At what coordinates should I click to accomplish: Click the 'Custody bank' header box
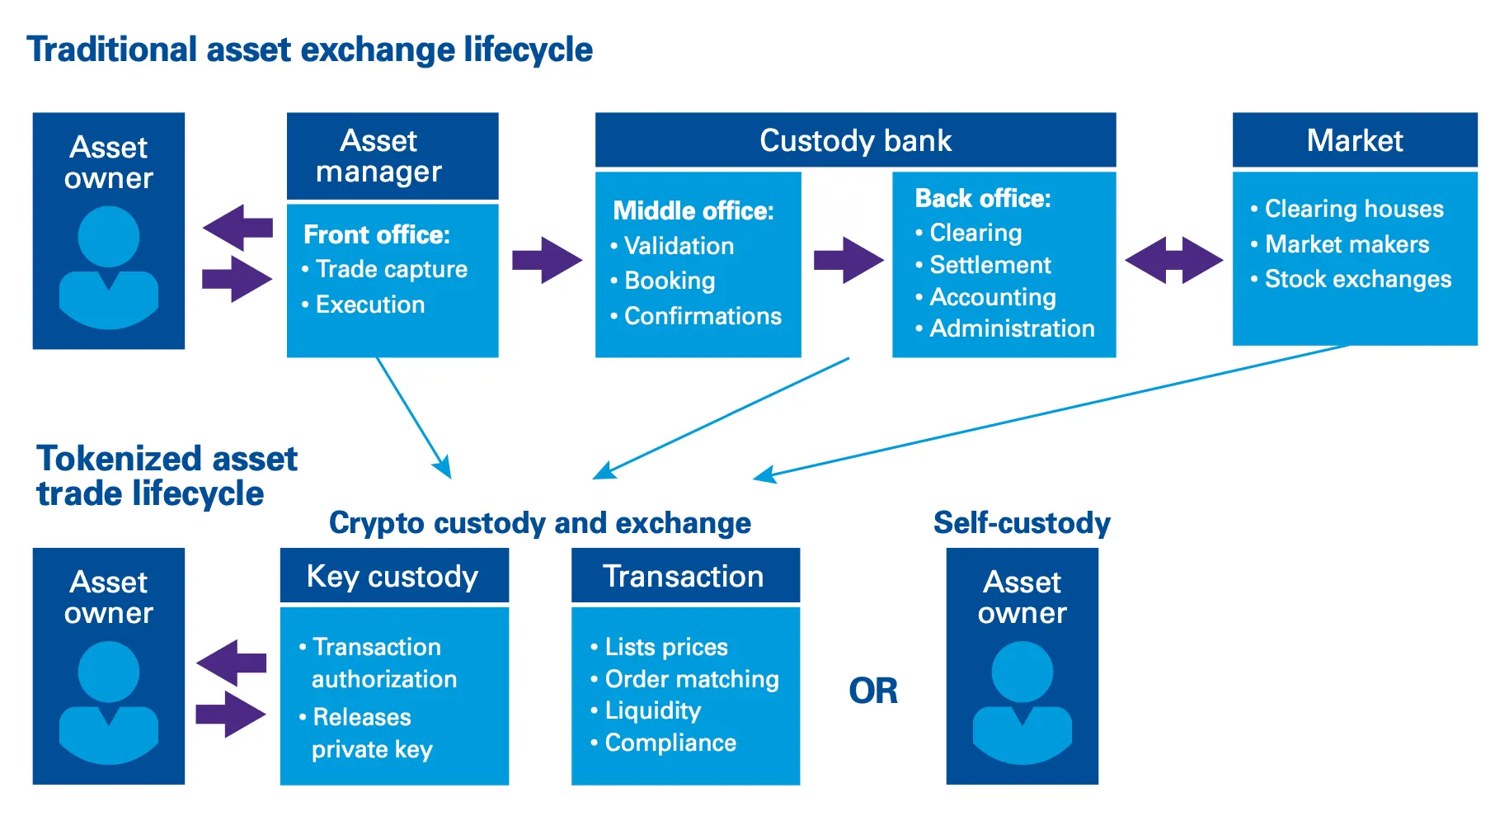(855, 140)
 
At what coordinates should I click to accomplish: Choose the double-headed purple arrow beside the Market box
(1173, 261)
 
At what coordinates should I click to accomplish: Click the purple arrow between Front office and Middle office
(546, 261)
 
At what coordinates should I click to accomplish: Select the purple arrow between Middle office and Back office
(848, 261)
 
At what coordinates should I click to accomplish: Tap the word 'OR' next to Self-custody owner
(873, 691)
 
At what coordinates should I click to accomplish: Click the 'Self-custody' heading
(1022, 523)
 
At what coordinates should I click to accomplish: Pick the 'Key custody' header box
(393, 576)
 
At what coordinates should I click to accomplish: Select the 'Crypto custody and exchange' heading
(540, 523)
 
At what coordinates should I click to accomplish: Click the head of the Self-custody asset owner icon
(1022, 672)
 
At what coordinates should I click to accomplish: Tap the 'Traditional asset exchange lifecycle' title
(309, 50)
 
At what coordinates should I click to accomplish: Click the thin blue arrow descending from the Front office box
(413, 417)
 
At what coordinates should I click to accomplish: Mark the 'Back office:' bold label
(983, 199)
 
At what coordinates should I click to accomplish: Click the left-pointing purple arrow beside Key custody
(233, 662)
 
